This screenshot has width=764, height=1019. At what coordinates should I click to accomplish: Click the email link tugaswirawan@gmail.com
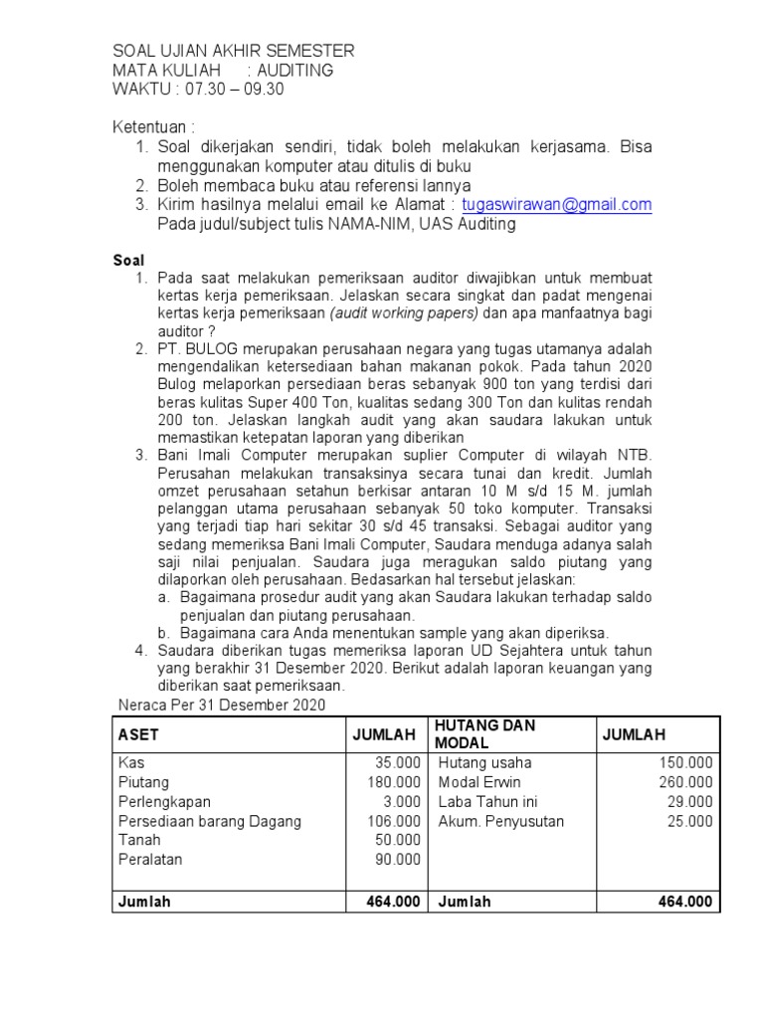557,205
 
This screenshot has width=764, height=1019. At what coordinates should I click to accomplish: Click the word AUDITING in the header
295,71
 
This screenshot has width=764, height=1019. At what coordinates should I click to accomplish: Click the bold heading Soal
128,260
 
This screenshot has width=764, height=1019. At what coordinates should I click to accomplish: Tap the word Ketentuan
150,128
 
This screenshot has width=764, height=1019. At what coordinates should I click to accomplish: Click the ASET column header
138,734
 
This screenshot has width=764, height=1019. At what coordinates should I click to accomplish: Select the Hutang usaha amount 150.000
686,762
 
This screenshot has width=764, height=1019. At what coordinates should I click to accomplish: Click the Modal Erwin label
479,782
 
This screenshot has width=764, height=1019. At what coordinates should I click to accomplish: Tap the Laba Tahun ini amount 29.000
690,801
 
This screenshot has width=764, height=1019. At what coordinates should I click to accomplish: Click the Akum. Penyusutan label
501,821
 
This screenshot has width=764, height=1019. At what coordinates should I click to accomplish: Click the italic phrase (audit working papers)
404,311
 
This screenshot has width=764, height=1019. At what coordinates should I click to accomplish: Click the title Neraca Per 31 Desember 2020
221,706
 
